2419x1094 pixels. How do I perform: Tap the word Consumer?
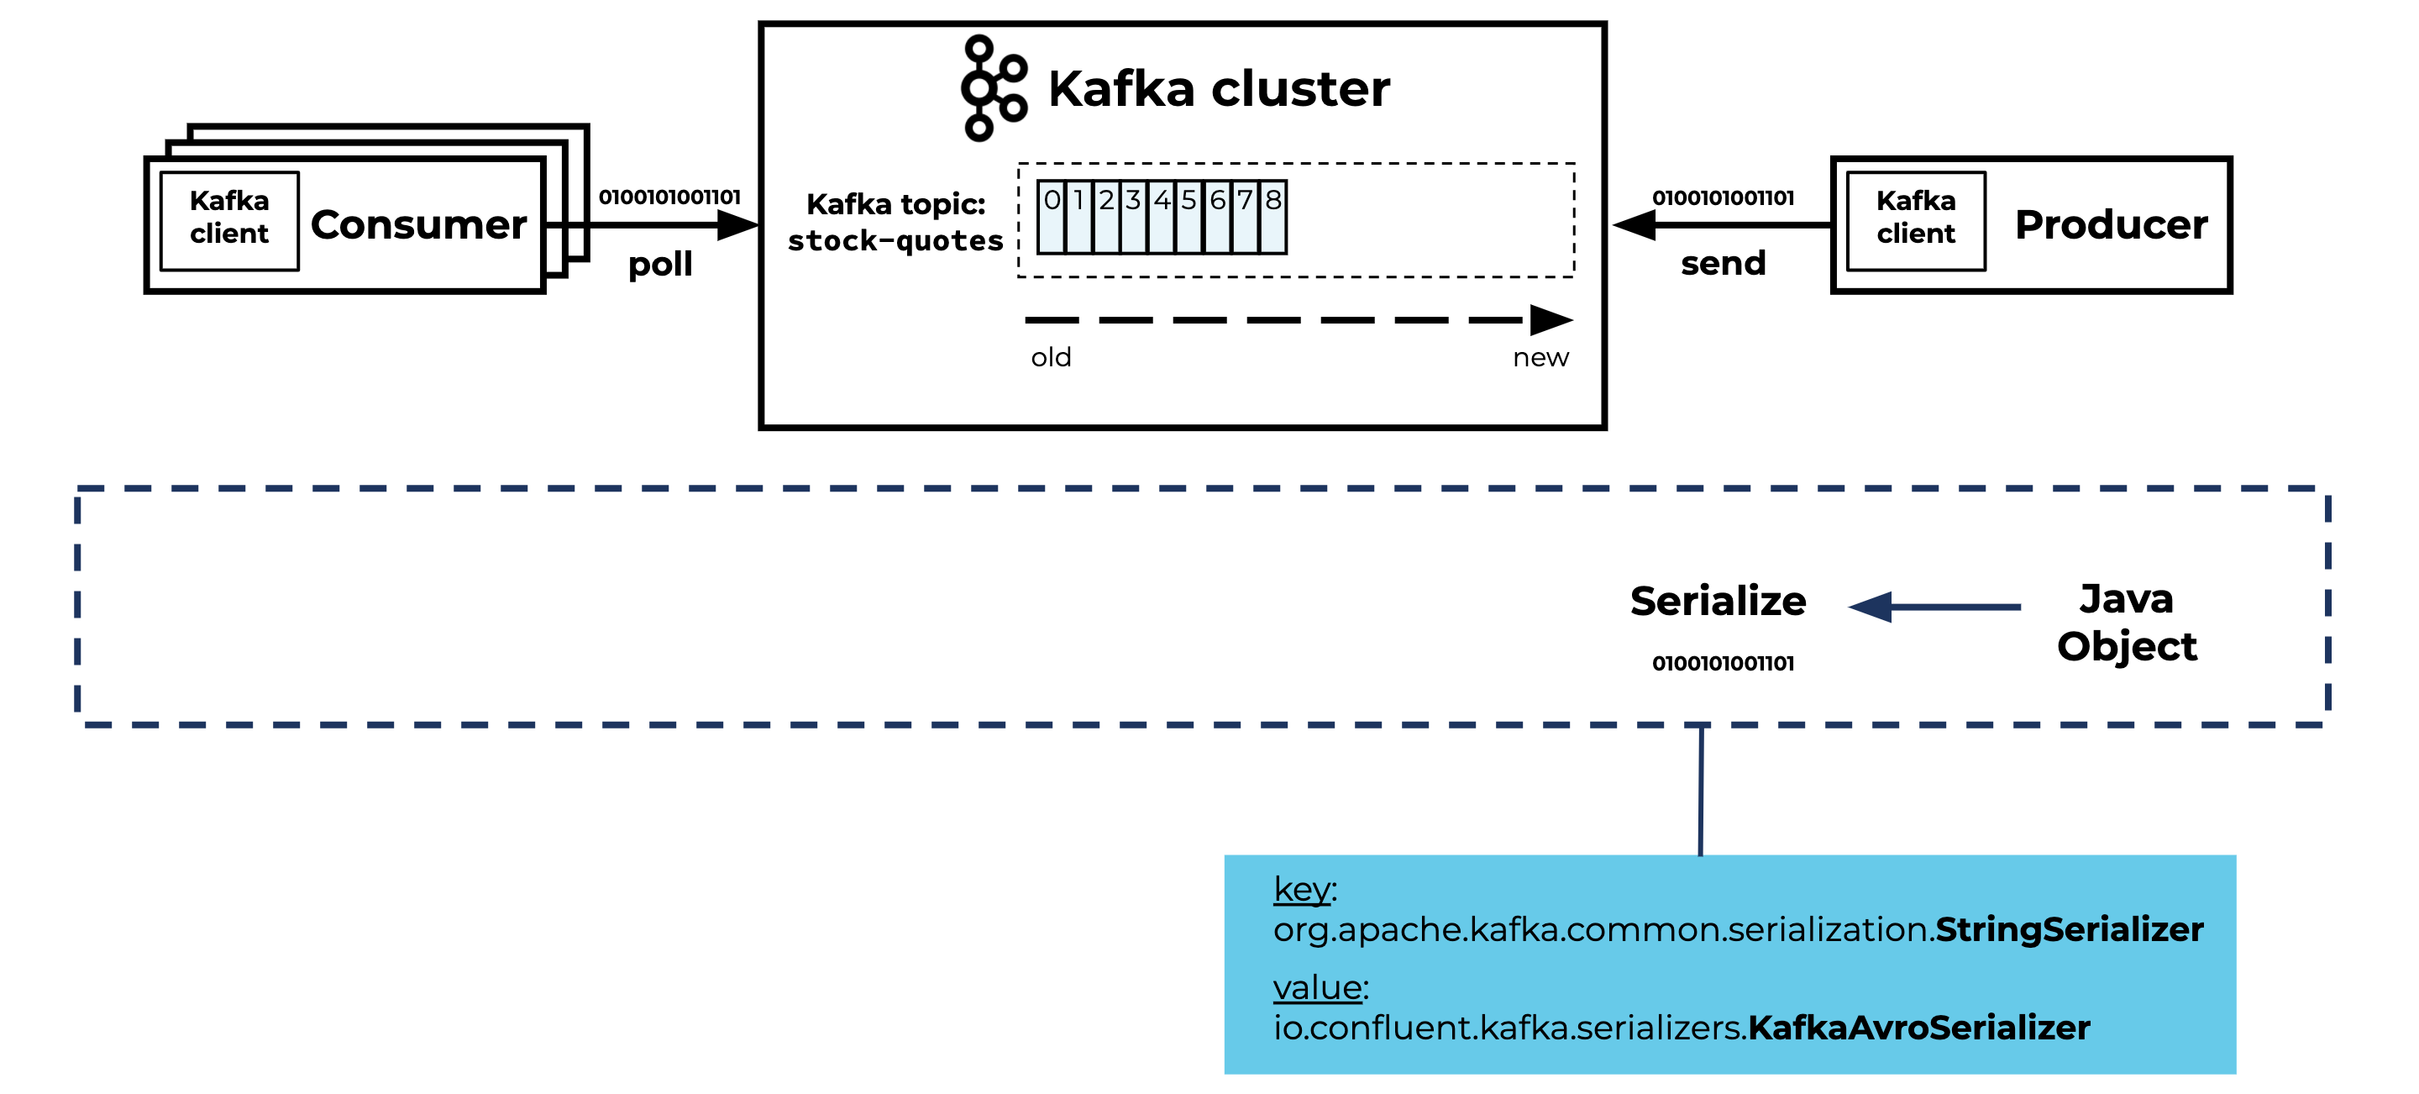coord(418,224)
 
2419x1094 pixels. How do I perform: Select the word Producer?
coord(2110,224)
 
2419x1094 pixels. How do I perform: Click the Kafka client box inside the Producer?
coord(1915,220)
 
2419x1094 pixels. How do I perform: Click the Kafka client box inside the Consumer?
coord(229,220)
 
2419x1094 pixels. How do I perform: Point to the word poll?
coord(660,265)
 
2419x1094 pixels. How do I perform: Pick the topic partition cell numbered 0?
coord(1051,217)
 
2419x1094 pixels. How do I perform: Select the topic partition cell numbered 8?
coord(1272,217)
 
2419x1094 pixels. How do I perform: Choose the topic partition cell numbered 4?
coord(1162,217)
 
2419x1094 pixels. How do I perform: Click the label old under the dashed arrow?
coord(1050,358)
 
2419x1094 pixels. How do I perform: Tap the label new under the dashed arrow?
coord(1540,358)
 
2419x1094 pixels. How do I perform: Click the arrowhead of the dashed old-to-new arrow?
coord(1551,320)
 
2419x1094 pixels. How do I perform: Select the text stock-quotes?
coord(895,241)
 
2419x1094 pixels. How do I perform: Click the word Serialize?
coord(1717,601)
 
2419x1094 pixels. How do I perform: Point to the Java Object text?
coord(2126,622)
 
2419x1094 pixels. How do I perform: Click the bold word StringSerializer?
coord(2068,929)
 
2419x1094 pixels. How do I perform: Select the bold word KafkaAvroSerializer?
coord(1918,1028)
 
